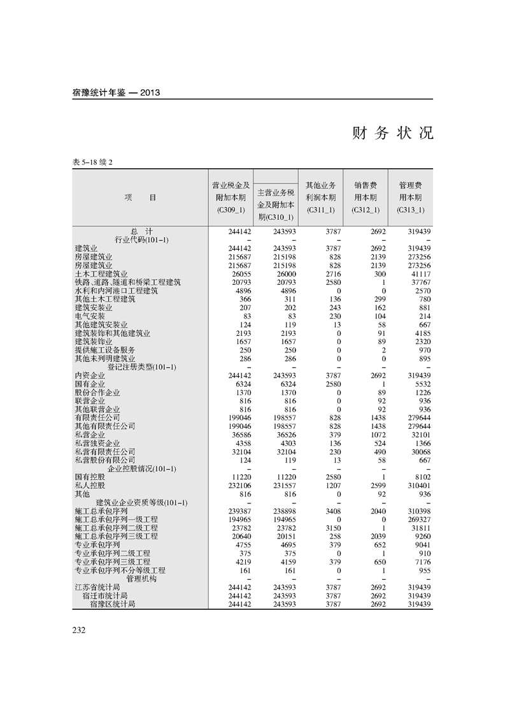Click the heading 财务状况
tap(392, 133)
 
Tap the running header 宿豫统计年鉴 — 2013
tap(116, 92)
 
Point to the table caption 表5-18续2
tap(93, 162)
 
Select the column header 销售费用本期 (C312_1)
tap(366, 197)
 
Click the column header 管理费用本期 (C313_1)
tap(410, 197)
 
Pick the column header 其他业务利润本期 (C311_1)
tap(321, 197)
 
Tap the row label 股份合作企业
tap(97, 393)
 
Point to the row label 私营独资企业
tap(97, 444)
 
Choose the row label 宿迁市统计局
tap(105, 595)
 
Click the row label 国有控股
tap(90, 477)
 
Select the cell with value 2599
tap(378, 486)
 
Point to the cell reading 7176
tap(422, 562)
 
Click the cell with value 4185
tap(422, 333)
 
